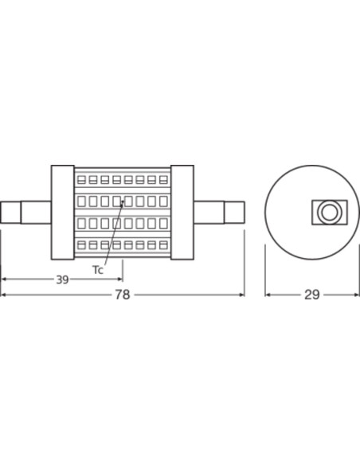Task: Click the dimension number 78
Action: (123, 295)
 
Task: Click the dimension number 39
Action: (62, 279)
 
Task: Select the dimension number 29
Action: (312, 295)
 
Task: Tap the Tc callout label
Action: (97, 270)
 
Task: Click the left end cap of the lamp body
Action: (63, 213)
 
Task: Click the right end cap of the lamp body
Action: (182, 213)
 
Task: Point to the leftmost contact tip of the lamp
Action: (10, 213)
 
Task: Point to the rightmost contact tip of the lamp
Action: (235, 213)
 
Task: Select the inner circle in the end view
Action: (329, 213)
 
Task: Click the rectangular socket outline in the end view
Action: (330, 213)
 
